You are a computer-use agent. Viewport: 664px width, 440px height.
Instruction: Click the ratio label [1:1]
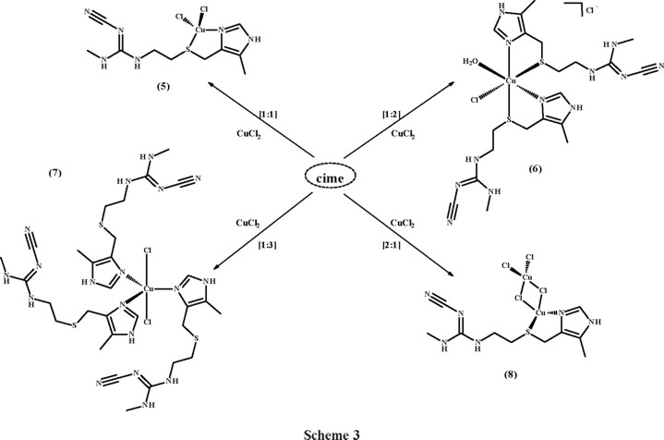coord(249,112)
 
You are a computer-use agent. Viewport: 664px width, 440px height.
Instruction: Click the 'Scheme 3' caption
coord(330,429)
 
